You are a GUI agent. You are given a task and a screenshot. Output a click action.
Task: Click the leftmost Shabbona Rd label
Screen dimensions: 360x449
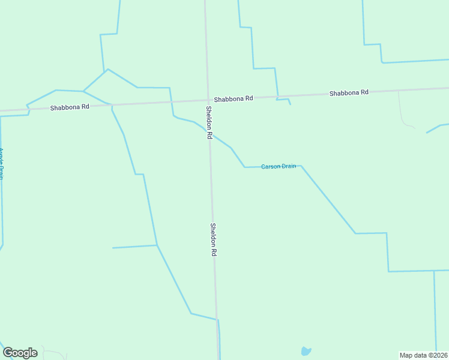(70, 107)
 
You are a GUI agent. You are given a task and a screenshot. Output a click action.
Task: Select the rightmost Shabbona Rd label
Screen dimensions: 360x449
(349, 93)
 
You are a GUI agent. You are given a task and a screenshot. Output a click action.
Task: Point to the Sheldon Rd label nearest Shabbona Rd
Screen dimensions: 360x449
(209, 122)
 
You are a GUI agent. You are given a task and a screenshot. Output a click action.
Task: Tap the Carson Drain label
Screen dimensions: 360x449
(279, 166)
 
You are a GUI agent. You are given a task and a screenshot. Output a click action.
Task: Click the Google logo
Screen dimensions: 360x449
(20, 353)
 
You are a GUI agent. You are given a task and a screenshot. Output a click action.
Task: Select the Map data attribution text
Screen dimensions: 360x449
(423, 355)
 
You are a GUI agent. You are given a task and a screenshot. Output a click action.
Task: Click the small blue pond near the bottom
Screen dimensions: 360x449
(306, 351)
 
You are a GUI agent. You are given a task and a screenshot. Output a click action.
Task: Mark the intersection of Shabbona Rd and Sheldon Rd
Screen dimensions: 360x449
(208, 100)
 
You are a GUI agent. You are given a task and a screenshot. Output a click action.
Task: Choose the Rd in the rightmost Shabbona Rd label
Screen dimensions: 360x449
(364, 92)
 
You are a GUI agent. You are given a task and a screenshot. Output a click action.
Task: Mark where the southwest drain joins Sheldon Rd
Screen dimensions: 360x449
(217, 320)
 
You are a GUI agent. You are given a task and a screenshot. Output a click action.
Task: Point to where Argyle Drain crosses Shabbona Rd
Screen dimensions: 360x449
(28, 109)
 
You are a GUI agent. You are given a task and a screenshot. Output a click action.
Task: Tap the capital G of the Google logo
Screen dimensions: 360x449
(8, 353)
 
